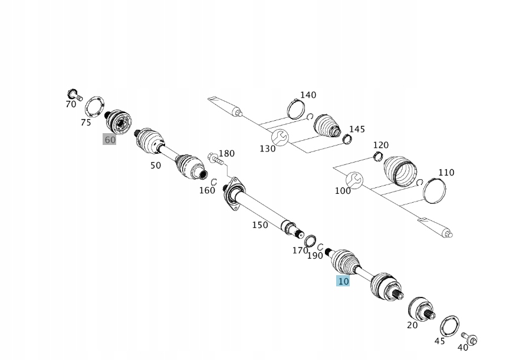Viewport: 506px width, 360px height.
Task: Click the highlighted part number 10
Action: click(x=343, y=282)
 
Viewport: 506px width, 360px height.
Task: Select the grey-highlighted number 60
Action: click(x=110, y=140)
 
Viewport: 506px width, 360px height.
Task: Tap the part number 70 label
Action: click(x=71, y=104)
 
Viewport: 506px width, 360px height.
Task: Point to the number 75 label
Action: click(x=86, y=123)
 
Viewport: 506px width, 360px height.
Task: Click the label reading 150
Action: click(x=260, y=225)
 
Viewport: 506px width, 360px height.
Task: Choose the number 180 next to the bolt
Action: click(x=226, y=153)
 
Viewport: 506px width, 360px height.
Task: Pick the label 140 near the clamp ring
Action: click(x=308, y=95)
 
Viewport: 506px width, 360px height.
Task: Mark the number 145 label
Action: click(x=357, y=129)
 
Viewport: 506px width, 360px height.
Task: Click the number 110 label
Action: click(x=446, y=173)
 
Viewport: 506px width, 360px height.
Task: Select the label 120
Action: click(x=381, y=145)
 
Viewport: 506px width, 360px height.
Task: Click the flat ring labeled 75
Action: click(x=94, y=108)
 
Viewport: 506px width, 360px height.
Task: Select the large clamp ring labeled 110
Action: click(x=435, y=190)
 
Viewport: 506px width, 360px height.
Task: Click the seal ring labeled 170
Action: click(x=310, y=240)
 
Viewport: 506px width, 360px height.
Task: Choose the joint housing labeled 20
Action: click(x=420, y=308)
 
